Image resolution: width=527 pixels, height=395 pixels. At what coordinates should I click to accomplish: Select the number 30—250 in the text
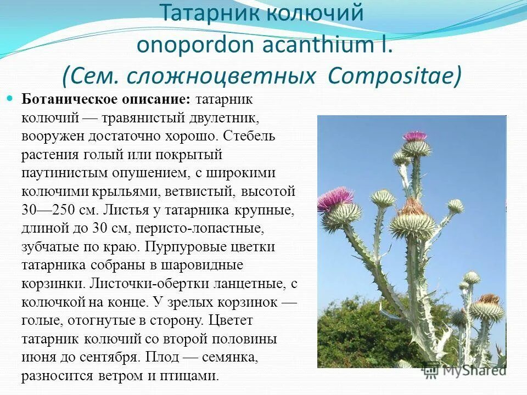pyautogui.click(x=45, y=210)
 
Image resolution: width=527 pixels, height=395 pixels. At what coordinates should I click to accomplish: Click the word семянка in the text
pyautogui.click(x=230, y=357)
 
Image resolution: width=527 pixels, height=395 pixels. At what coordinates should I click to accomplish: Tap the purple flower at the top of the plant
pyautogui.click(x=414, y=136)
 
